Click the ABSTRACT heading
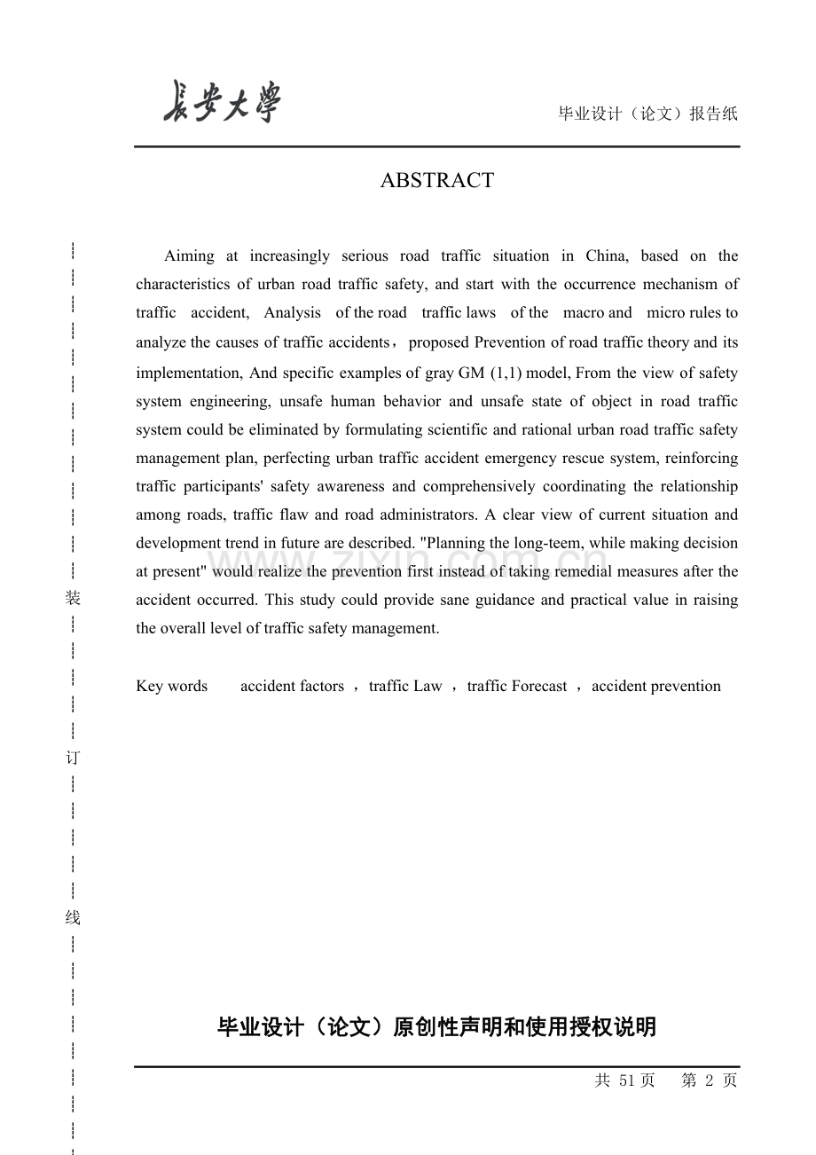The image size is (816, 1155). tap(436, 180)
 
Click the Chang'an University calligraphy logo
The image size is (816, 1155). tap(222, 103)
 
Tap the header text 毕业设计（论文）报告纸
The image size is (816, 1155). tap(647, 114)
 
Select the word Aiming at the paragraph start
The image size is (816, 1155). tap(189, 256)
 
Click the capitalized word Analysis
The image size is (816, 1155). tap(292, 313)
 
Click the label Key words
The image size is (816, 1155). tap(171, 686)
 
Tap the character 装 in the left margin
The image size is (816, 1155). tap(73, 599)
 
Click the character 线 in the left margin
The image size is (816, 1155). tap(73, 918)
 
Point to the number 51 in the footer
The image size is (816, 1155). tap(627, 1080)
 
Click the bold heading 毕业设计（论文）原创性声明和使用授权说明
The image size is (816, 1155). tap(436, 1027)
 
